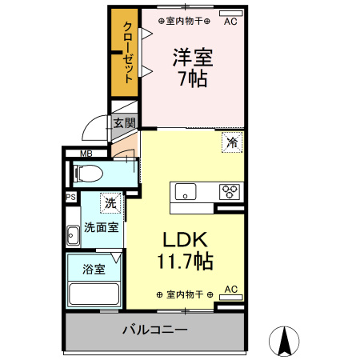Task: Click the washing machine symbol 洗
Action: (x=110, y=203)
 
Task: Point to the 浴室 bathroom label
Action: (x=94, y=270)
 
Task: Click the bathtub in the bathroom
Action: (x=94, y=294)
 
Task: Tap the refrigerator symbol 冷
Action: (x=232, y=143)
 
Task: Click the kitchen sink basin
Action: (x=186, y=193)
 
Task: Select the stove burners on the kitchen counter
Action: (x=230, y=191)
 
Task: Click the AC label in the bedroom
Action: (x=230, y=22)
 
